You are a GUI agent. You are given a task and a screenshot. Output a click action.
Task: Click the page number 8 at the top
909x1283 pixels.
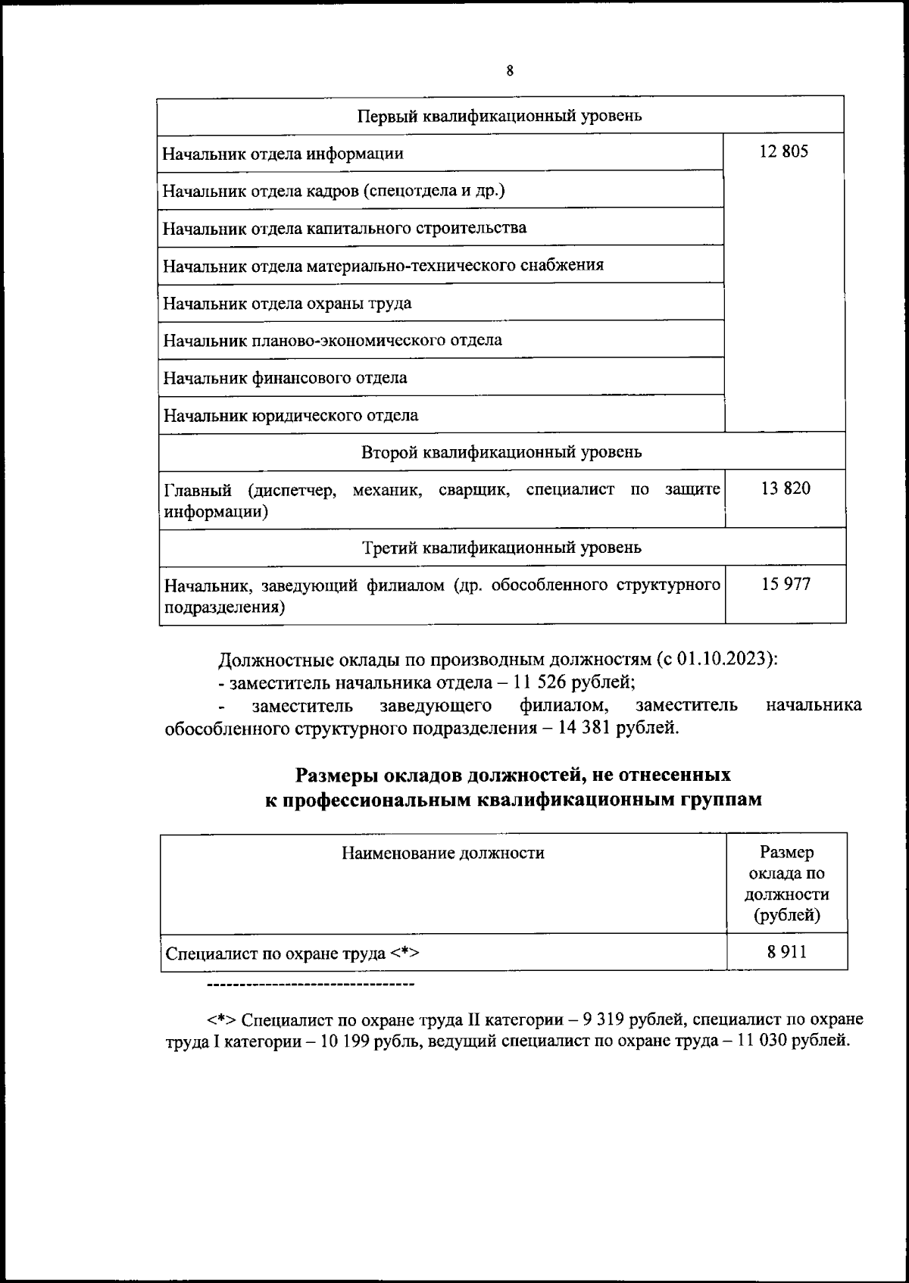509,71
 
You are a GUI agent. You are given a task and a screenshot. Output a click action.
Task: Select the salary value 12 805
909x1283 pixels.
784,151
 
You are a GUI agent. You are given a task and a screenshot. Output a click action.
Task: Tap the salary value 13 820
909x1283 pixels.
786,489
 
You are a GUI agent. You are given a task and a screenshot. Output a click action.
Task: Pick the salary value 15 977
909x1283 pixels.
786,584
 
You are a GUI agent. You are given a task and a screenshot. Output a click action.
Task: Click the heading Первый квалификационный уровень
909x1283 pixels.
500,116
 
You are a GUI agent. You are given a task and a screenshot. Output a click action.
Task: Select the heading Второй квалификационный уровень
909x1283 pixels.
501,452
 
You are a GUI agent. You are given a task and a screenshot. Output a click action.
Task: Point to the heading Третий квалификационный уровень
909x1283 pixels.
501,547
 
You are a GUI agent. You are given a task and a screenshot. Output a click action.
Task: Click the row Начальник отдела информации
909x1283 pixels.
283,154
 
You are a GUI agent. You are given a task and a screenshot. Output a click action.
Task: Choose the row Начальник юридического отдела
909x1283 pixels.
291,415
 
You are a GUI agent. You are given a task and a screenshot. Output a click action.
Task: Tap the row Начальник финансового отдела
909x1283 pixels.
286,377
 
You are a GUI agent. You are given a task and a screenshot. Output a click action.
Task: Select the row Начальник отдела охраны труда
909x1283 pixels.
288,304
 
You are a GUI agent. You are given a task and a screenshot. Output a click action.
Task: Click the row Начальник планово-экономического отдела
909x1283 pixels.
333,340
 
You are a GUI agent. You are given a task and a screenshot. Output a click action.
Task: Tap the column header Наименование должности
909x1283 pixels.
442,854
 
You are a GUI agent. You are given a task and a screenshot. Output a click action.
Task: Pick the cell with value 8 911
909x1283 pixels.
786,952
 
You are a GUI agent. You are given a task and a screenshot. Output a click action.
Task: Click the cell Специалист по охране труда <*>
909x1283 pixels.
292,954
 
